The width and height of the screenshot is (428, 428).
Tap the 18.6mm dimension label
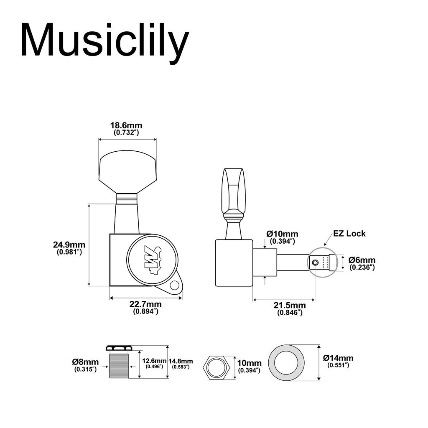[126, 129]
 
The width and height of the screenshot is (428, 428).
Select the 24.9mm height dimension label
[69, 248]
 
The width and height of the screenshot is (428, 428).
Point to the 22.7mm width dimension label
[145, 307]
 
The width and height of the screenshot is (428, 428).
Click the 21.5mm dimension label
[290, 308]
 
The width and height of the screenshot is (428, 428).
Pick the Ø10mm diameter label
[282, 237]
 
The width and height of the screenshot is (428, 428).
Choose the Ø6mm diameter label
[362, 263]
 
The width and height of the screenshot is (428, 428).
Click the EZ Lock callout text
[349, 234]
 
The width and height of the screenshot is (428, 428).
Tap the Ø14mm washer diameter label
[338, 361]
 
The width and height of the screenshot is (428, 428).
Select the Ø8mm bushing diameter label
[85, 365]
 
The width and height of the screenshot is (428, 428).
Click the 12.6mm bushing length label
[154, 363]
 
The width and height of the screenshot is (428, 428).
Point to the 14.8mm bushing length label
[181, 364]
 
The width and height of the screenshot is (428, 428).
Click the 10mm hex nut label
[249, 366]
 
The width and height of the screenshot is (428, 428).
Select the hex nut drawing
[217, 367]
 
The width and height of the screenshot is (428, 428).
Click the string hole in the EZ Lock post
[315, 263]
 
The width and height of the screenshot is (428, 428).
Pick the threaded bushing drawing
[119, 362]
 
